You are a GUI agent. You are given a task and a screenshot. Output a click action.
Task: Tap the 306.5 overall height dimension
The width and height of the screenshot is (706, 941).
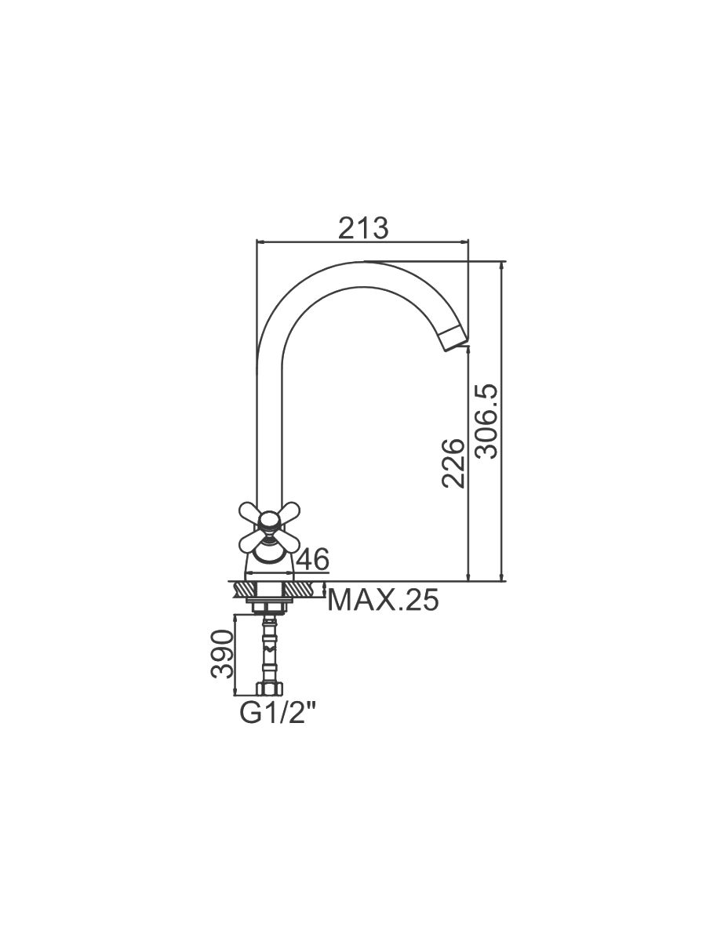click(x=488, y=422)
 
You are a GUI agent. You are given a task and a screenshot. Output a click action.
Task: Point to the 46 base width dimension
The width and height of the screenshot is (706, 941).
click(x=313, y=559)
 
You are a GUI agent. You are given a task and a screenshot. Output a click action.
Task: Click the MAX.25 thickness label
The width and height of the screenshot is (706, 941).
click(x=383, y=600)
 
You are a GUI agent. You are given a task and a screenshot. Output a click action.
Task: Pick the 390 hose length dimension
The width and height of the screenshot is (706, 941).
click(x=223, y=654)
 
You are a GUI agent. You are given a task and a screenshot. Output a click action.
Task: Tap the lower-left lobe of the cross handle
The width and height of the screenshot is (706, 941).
click(x=252, y=543)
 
